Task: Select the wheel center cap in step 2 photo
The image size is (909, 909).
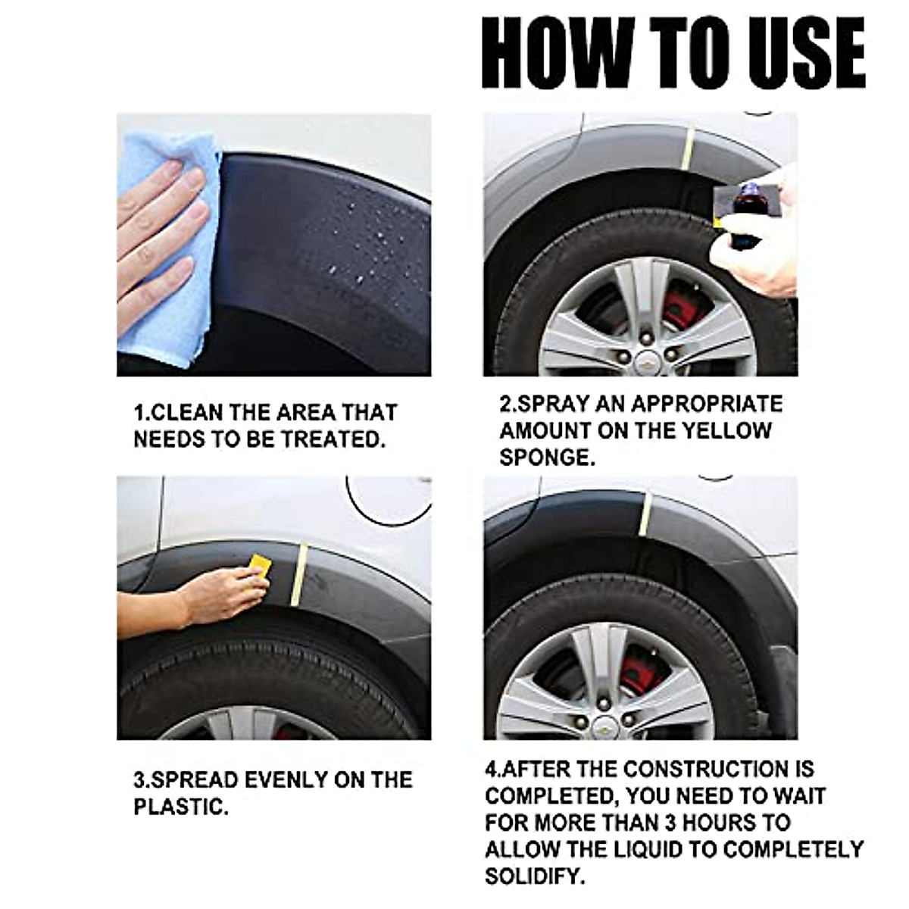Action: click(x=646, y=361)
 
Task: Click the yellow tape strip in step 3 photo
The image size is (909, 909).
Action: click(x=299, y=576)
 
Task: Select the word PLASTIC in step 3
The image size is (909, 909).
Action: click(x=180, y=807)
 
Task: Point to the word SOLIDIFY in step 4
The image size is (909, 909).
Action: click(x=535, y=876)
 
